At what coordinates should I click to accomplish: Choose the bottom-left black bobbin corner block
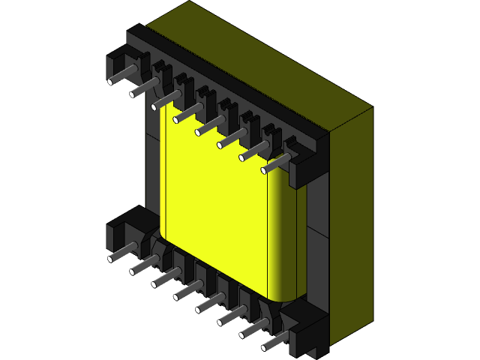pos(124,225)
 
